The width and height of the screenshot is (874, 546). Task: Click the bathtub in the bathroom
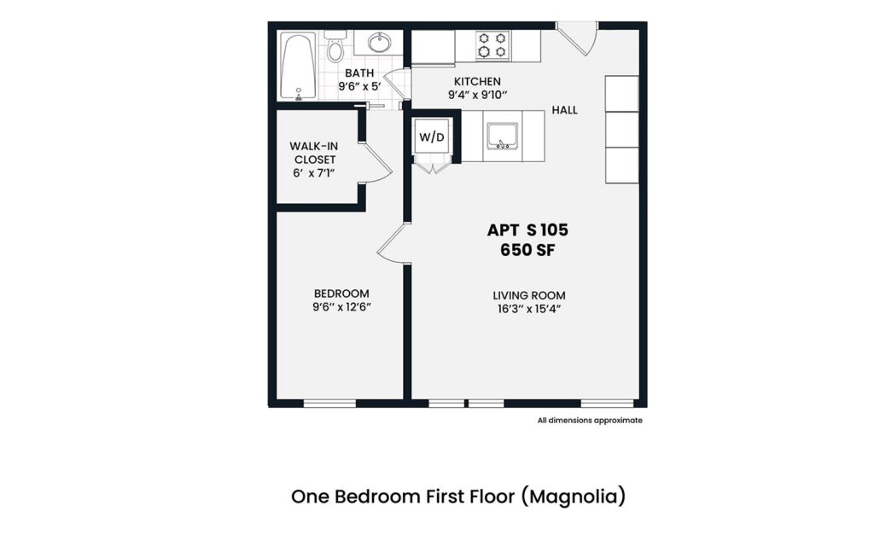[300, 67]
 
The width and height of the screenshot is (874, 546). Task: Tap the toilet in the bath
[335, 47]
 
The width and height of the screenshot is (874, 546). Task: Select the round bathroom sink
[379, 43]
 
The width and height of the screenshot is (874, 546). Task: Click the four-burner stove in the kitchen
[492, 45]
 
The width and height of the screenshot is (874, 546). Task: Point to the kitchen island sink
[502, 136]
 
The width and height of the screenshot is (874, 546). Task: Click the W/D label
[431, 136]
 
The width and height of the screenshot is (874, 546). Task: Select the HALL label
[564, 110]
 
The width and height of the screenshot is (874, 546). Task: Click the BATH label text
[359, 73]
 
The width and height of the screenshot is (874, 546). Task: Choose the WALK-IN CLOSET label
[314, 153]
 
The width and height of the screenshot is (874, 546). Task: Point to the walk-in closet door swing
[377, 161]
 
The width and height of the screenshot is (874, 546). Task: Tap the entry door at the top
[578, 39]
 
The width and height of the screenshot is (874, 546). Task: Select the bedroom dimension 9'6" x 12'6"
[341, 307]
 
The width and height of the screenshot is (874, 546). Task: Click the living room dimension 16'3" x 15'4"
[528, 309]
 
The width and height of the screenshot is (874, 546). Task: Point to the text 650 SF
[527, 250]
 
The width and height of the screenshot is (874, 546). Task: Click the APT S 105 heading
[527, 229]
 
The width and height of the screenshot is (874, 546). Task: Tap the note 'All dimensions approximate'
[589, 420]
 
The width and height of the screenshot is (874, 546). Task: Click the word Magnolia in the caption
[580, 496]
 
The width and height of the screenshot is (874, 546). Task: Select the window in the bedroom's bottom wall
[329, 403]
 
